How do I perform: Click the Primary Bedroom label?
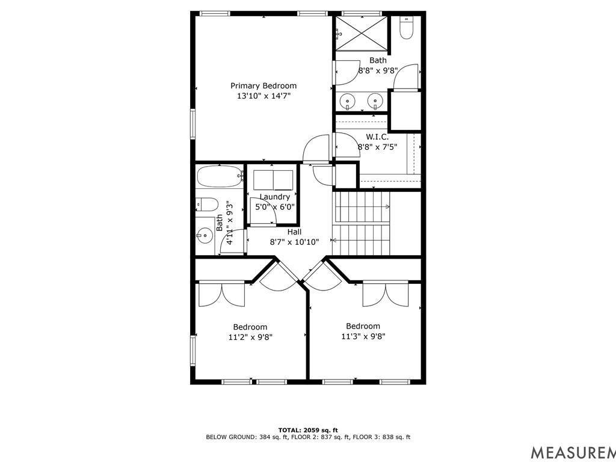263,86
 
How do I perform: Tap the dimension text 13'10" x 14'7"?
263,96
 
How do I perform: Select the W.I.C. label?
377,137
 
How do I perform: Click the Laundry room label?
274,197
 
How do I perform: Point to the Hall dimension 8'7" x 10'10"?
294,242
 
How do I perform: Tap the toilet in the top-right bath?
407,28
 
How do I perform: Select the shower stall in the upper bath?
362,34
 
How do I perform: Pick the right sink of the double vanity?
376,100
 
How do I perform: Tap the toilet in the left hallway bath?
205,204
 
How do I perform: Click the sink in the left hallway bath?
204,236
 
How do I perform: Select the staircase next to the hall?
362,222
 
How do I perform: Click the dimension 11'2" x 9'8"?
250,337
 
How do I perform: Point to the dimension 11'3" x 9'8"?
363,336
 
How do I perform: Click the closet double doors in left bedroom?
221,293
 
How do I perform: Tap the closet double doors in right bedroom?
385,293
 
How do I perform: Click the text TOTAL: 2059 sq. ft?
307,430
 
